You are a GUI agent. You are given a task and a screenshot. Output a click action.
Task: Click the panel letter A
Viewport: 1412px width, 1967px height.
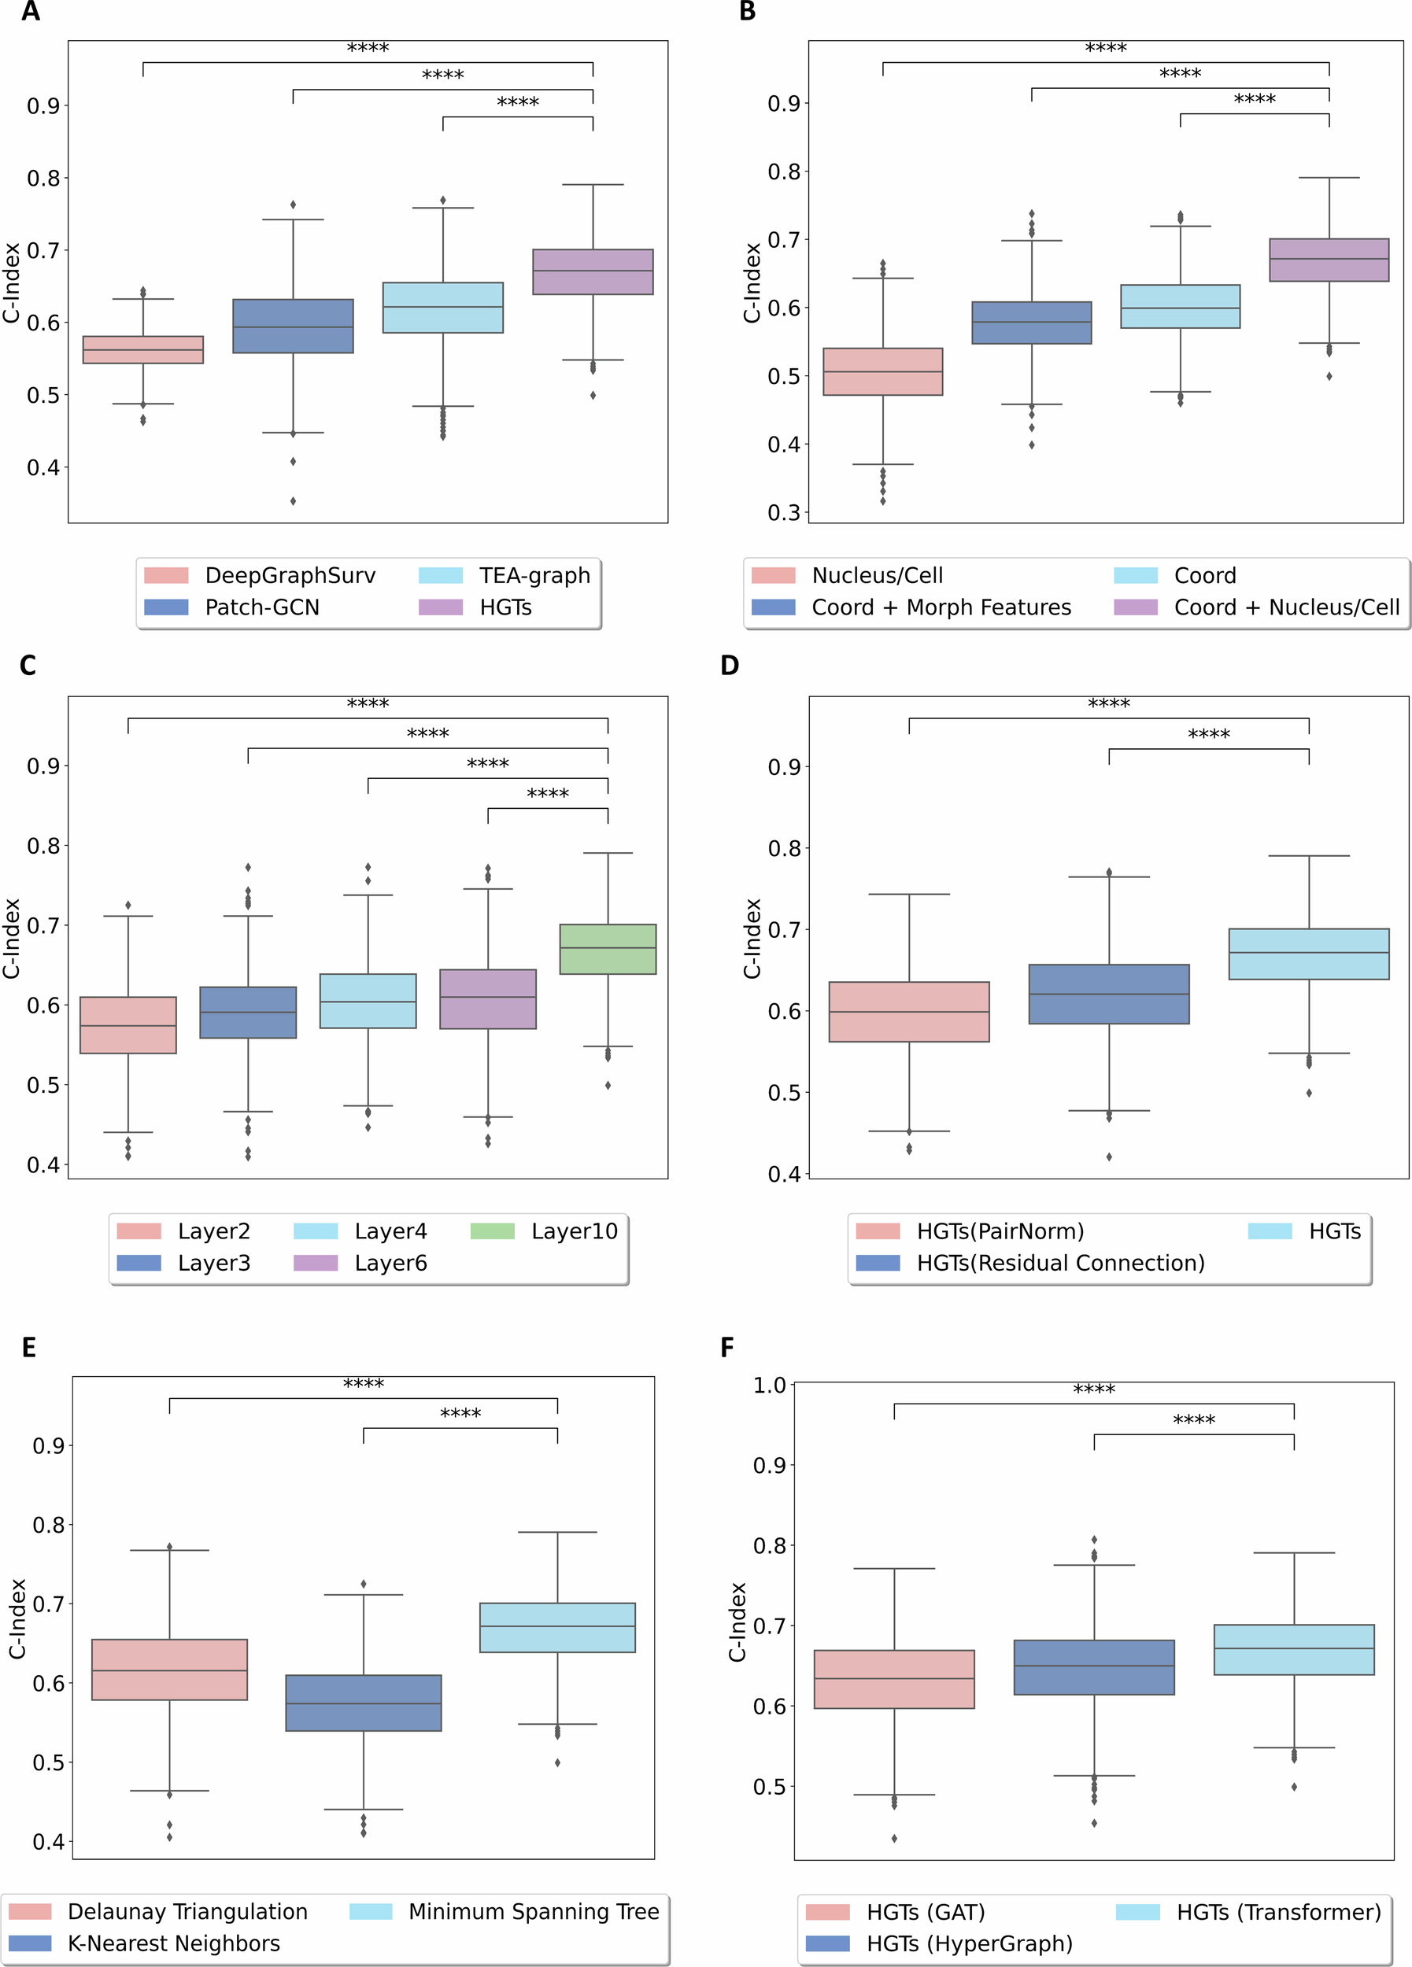coord(31,12)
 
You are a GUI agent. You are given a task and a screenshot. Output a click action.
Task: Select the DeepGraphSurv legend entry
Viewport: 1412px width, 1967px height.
coord(290,575)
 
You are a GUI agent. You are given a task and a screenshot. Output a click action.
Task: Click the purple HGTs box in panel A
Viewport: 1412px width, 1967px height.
coord(593,272)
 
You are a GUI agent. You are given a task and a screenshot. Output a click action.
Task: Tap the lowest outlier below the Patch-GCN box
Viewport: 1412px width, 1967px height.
coord(293,501)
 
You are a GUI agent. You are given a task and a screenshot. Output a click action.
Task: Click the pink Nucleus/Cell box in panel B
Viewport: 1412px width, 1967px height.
coord(882,372)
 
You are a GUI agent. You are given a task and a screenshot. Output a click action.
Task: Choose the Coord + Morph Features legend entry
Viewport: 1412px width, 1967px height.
coord(941,607)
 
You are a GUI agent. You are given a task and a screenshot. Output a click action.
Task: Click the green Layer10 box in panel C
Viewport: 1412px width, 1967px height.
coord(607,950)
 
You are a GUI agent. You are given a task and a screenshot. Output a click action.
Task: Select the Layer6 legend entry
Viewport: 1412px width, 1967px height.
coord(390,1263)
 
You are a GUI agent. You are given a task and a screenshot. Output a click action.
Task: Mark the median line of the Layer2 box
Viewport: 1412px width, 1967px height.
coord(128,1026)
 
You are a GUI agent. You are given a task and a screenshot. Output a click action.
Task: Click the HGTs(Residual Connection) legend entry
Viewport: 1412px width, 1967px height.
coord(1060,1263)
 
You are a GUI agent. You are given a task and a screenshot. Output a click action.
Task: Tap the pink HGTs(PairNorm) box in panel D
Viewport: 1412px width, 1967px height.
coord(908,1012)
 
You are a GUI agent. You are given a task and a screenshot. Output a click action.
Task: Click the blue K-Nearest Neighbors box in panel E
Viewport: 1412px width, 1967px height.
coord(364,1703)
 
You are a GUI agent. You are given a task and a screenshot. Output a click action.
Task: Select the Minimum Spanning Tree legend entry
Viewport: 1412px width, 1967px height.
coord(533,1911)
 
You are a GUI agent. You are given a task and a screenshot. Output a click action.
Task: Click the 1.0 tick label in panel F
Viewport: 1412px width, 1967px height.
coord(768,1386)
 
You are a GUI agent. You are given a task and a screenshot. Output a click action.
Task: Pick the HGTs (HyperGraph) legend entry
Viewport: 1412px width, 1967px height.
coord(969,1943)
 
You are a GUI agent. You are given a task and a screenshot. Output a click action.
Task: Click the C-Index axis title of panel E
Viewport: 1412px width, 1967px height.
coord(17,1618)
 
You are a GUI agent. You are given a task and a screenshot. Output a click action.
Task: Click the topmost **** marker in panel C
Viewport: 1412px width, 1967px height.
coord(368,704)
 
